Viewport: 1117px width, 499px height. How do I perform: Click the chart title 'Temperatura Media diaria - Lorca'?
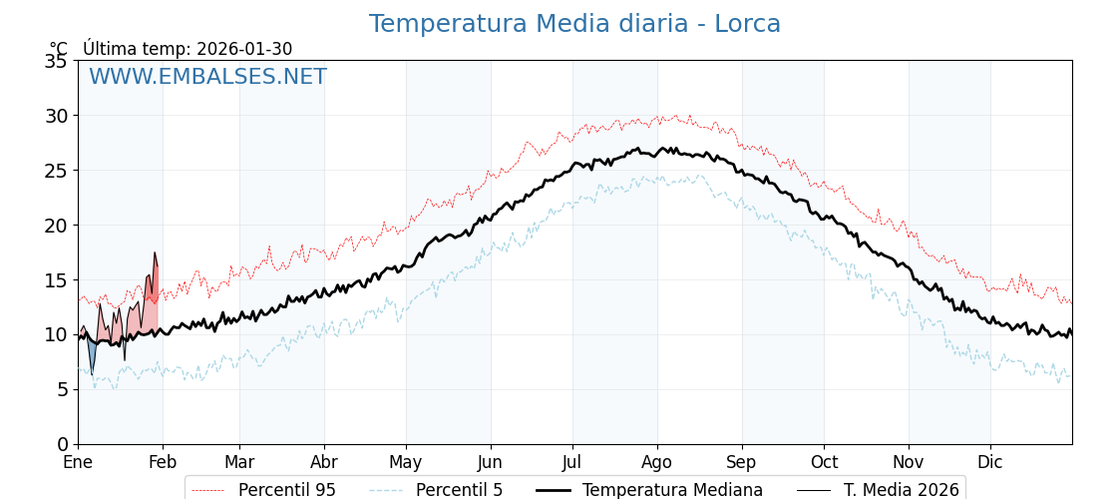pos(574,24)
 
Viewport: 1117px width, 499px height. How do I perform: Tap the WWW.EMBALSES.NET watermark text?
pos(207,77)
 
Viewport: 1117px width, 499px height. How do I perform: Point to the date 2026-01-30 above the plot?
pos(244,49)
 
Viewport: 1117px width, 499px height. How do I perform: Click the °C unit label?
pos(59,49)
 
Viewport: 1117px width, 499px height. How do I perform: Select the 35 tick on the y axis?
pos(56,61)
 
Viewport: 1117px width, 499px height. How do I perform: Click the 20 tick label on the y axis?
pos(56,226)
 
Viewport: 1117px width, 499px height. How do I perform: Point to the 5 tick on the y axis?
pos(62,389)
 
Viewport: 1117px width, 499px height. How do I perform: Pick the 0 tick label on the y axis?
pos(62,444)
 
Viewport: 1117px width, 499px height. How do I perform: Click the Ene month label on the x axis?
pos(78,462)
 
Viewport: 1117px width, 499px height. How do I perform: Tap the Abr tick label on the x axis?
pos(324,462)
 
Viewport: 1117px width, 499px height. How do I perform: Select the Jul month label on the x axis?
pos(572,462)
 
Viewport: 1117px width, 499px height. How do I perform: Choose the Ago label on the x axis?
pos(657,462)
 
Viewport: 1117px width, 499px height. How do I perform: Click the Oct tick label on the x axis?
pos(824,462)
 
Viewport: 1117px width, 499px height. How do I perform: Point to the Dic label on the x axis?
pos(990,462)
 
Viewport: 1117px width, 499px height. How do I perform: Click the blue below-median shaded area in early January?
pos(92,353)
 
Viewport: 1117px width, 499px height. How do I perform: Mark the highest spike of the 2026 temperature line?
pos(155,252)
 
